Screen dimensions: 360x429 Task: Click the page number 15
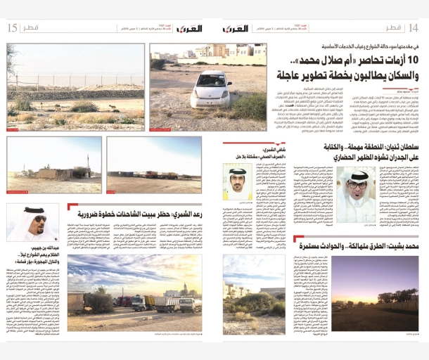(11, 28)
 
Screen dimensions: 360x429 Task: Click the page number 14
(413, 27)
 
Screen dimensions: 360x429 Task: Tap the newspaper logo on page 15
(188, 28)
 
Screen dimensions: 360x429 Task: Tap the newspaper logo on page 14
(236, 28)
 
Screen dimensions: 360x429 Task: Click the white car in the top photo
(210, 87)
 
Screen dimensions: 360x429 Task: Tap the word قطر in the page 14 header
(392, 27)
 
